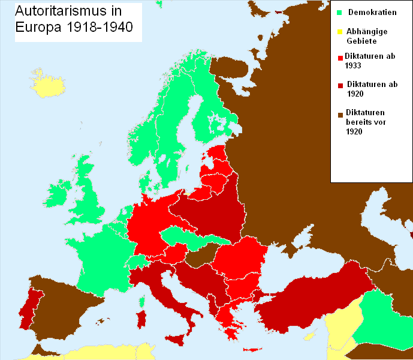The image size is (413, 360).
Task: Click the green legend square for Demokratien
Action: (339, 13)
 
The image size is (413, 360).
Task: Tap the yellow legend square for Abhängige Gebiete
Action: (339, 32)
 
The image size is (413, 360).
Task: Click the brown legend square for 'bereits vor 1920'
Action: (339, 114)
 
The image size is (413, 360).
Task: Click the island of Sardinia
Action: (142, 320)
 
